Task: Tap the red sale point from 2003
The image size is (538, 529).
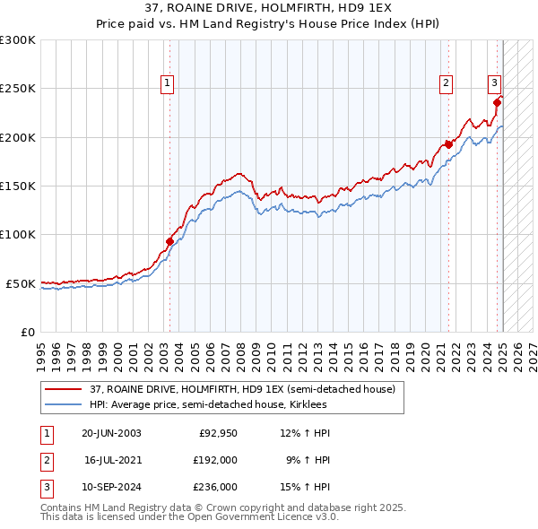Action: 169,240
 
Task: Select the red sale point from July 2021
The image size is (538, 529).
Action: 448,144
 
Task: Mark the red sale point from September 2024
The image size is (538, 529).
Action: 497,101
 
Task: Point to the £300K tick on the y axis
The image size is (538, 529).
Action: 18,40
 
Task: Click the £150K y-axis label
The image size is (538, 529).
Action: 18,186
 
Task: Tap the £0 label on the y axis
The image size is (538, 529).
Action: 27,332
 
